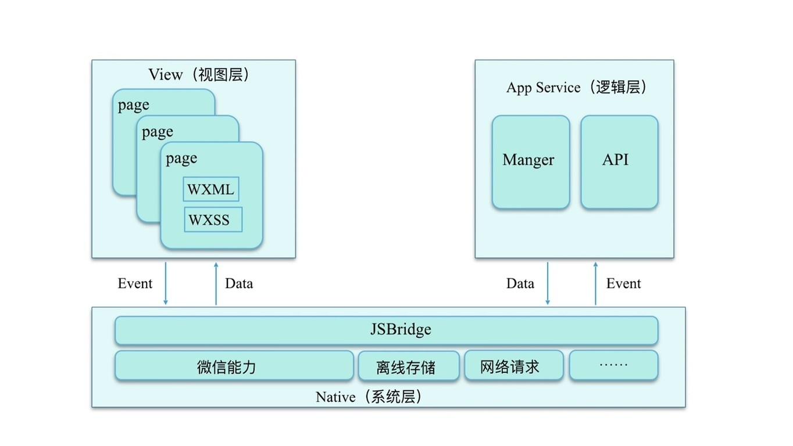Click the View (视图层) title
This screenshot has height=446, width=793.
(199, 74)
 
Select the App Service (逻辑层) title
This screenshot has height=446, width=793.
(576, 87)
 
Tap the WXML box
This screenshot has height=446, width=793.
(210, 189)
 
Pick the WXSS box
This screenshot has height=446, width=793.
(212, 220)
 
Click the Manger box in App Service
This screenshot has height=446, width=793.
(530, 161)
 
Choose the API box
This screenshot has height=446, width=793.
(619, 161)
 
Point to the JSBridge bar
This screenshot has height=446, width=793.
(386, 330)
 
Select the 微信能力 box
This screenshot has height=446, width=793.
(234, 366)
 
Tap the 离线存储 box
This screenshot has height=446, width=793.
(408, 366)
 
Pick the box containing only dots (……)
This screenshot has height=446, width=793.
(613, 365)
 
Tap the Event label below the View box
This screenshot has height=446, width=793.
(135, 283)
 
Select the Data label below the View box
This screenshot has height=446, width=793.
(239, 283)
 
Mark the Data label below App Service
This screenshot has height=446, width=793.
(520, 283)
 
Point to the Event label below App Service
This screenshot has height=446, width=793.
(623, 283)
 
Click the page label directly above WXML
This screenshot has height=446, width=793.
(181, 159)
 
